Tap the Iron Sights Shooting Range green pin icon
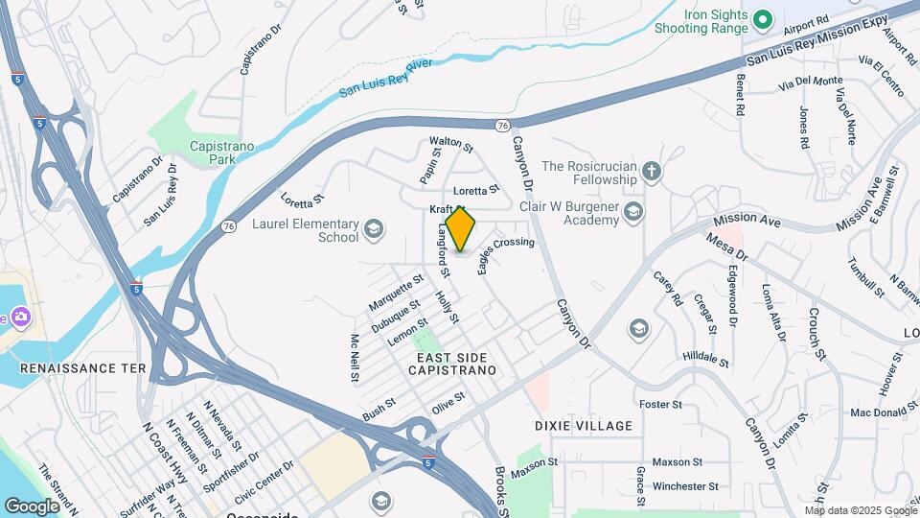763,18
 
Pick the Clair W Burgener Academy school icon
632,212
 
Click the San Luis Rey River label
386,80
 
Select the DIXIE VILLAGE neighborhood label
584,425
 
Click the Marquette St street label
396,293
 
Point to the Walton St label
451,145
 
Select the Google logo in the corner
32,505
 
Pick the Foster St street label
660,405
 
